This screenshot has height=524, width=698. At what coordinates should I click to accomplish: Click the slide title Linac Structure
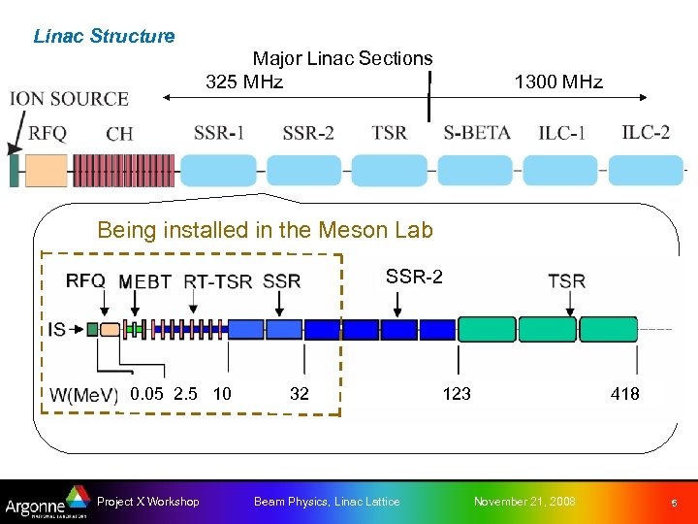(104, 37)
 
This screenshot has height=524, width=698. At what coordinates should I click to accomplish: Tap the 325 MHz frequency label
(244, 82)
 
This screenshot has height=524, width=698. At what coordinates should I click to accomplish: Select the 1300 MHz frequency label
(558, 82)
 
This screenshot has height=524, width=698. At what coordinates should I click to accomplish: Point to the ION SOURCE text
(69, 99)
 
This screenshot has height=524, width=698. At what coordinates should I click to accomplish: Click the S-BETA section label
(477, 132)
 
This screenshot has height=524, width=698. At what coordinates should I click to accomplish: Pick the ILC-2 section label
(646, 131)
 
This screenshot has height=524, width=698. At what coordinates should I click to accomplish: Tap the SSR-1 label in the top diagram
(219, 133)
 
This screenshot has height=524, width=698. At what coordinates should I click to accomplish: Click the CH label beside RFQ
(119, 134)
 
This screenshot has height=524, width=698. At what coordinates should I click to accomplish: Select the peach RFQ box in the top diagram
(46, 170)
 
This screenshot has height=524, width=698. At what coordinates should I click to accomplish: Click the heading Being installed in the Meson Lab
(265, 230)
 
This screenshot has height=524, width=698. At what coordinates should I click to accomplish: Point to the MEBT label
(145, 282)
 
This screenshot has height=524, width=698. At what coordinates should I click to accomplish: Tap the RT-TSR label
(218, 282)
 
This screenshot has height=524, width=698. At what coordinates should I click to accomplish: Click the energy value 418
(624, 393)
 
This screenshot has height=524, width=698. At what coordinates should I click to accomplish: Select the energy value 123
(457, 393)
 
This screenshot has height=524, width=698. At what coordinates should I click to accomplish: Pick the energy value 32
(300, 393)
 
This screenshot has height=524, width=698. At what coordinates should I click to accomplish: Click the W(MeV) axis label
(84, 395)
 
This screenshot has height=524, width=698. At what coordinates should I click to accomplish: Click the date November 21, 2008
(523, 502)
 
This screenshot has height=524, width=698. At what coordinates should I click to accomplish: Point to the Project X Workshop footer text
(148, 502)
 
